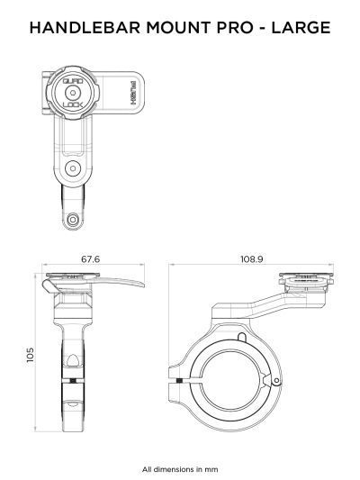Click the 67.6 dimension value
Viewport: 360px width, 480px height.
(x=90, y=259)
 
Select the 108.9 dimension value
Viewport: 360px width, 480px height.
(x=251, y=259)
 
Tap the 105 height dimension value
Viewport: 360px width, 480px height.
(x=29, y=357)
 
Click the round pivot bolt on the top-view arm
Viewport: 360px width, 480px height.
(x=72, y=168)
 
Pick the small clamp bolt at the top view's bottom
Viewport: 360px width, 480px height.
(x=73, y=217)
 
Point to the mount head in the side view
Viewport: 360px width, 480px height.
(x=309, y=285)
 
